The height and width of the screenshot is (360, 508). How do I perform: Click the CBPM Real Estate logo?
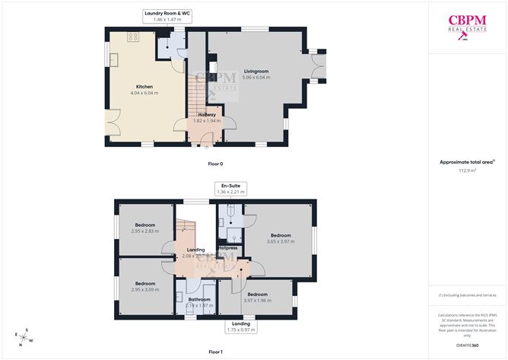pyautogui.click(x=467, y=27)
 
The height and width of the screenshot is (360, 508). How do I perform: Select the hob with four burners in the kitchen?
pyautogui.click(x=133, y=37)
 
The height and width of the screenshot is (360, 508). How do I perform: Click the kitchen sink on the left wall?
pyautogui.click(x=110, y=60)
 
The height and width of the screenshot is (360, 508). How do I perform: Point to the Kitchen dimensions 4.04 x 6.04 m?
pyautogui.click(x=144, y=93)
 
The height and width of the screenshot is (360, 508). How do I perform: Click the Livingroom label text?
pyautogui.click(x=256, y=71)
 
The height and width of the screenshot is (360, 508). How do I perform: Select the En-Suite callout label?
pyautogui.click(x=230, y=189)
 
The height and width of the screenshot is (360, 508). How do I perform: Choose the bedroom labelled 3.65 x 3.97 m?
pyautogui.click(x=281, y=238)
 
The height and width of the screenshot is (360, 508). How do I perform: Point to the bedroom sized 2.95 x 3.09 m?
pyautogui.click(x=144, y=287)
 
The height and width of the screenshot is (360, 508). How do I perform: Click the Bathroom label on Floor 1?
pyautogui.click(x=200, y=300)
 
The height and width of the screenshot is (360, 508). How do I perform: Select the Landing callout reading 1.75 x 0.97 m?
pyautogui.click(x=240, y=327)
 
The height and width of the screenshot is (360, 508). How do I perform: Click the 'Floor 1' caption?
pyautogui.click(x=216, y=352)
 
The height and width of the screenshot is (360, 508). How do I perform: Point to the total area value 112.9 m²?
pyautogui.click(x=467, y=171)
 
